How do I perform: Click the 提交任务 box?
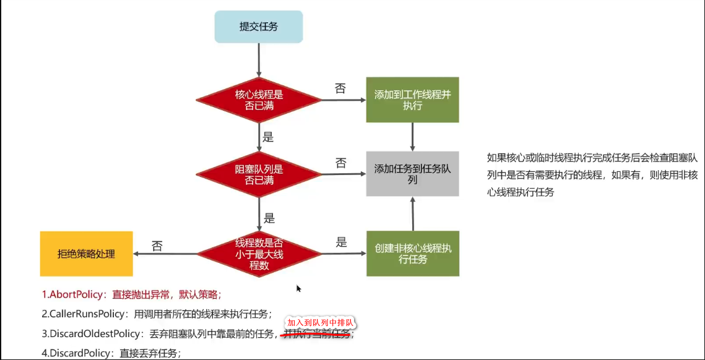pyautogui.click(x=259, y=27)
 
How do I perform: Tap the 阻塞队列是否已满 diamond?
pyautogui.click(x=259, y=175)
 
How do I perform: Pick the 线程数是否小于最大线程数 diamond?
pyautogui.click(x=259, y=254)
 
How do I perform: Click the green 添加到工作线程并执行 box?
pyautogui.click(x=412, y=100)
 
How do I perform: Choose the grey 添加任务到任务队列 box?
pyautogui.click(x=412, y=174)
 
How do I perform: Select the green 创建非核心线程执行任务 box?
pyautogui.click(x=412, y=254)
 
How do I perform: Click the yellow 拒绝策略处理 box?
pyautogui.click(x=86, y=254)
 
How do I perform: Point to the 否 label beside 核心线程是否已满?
pyautogui.click(x=340, y=88)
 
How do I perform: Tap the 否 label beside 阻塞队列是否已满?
pyautogui.click(x=341, y=163)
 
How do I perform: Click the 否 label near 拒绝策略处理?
pyautogui.click(x=157, y=246)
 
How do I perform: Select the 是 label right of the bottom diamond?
pyautogui.click(x=341, y=242)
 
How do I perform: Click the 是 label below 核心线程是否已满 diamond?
pyautogui.click(x=269, y=137)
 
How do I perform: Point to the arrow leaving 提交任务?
pyautogui.click(x=259, y=59)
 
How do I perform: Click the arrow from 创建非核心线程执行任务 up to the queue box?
pyautogui.click(x=412, y=213)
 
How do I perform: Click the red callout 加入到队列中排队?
pyautogui.click(x=320, y=323)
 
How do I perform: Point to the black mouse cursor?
pyautogui.click(x=299, y=288)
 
